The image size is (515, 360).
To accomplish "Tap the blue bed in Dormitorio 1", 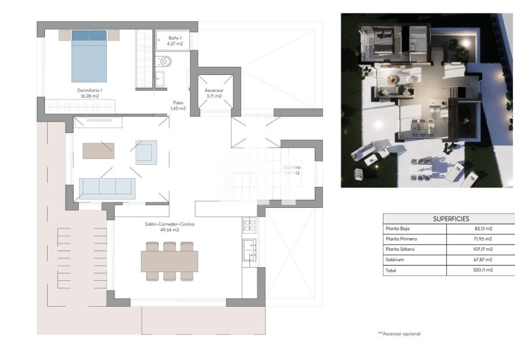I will click(x=89, y=58).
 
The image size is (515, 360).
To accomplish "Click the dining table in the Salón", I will click(x=170, y=260).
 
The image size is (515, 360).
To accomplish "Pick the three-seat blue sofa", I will click(x=107, y=187).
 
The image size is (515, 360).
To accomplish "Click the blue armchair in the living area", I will click(x=146, y=151).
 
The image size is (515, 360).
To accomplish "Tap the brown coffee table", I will click(x=99, y=150).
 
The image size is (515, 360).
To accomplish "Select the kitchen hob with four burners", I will click(x=249, y=224).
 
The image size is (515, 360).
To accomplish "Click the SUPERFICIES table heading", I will click(x=451, y=218).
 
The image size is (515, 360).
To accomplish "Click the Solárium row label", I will click(x=396, y=260).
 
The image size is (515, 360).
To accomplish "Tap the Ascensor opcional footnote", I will click(x=399, y=333).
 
